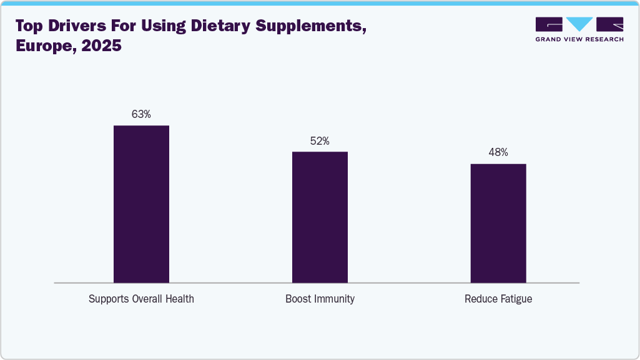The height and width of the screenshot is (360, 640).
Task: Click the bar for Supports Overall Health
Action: tap(141, 204)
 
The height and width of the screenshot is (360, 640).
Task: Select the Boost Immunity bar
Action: tap(320, 217)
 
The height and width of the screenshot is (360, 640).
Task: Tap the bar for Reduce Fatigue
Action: tap(498, 223)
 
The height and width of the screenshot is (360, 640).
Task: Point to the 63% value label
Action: tap(141, 114)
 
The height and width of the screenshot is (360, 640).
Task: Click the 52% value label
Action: tap(320, 141)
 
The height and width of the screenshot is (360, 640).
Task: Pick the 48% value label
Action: tap(498, 152)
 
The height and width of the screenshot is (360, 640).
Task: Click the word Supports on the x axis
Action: tap(109, 299)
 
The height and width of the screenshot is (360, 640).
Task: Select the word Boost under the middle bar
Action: tap(298, 299)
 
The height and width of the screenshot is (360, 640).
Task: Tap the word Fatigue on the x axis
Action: tap(515, 299)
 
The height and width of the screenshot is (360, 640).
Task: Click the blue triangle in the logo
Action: tap(580, 24)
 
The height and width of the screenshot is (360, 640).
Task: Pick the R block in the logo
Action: tap(609, 24)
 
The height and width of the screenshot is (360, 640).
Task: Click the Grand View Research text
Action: tap(579, 39)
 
